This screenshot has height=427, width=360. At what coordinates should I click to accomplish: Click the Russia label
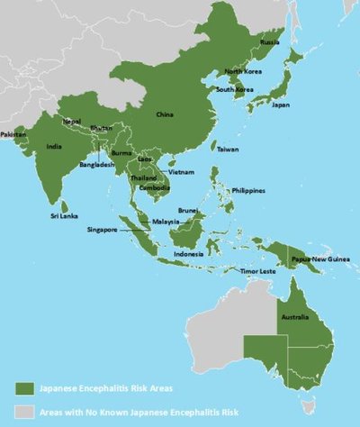point(269,42)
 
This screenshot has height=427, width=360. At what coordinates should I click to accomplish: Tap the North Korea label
point(242,71)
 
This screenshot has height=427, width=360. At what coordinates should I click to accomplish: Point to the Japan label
point(281,104)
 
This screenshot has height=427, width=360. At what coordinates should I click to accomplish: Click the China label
point(164,114)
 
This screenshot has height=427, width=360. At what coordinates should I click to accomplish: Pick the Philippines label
point(248,191)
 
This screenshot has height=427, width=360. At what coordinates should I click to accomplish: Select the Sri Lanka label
point(63,214)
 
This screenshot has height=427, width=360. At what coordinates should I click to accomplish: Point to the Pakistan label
point(13,134)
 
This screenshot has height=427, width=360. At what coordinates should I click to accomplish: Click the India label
point(54,147)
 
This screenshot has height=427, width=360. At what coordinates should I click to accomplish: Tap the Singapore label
point(103,230)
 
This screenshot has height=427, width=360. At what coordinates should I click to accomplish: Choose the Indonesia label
point(188,254)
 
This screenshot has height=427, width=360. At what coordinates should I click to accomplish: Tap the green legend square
point(24,387)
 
